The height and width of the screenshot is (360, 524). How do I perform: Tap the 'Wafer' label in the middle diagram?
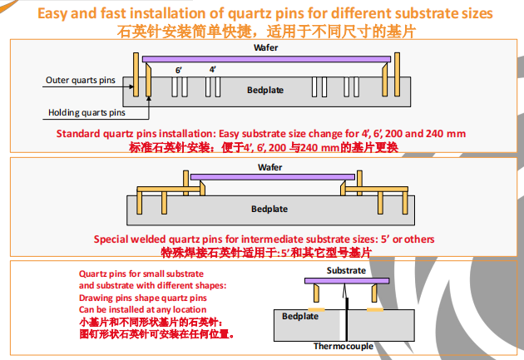tap(269, 167)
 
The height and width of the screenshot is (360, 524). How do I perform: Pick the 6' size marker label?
tap(179, 70)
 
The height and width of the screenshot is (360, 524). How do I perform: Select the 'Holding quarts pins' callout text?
tap(87, 112)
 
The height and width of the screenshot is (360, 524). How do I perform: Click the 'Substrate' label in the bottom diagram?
tap(344, 271)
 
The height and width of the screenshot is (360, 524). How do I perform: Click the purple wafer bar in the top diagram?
tap(266, 58)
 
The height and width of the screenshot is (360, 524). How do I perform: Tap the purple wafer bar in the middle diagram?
tap(269, 176)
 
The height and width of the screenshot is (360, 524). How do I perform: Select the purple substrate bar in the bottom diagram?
tap(345, 281)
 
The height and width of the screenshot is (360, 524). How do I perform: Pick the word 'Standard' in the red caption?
tap(82, 133)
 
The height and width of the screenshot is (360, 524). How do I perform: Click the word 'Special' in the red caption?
tap(111, 239)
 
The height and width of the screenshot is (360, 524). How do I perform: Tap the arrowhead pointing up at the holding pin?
tap(148, 96)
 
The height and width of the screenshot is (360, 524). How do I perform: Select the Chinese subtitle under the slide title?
tap(266, 31)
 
